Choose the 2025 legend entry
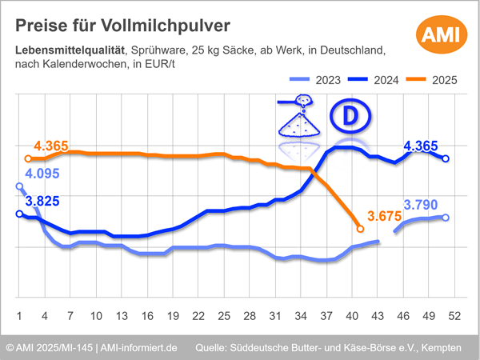point(433,79)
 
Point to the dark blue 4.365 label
point(421,146)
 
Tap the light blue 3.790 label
point(420,205)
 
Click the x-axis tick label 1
point(19,315)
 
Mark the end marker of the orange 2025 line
point(360,229)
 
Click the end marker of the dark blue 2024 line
point(446,158)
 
